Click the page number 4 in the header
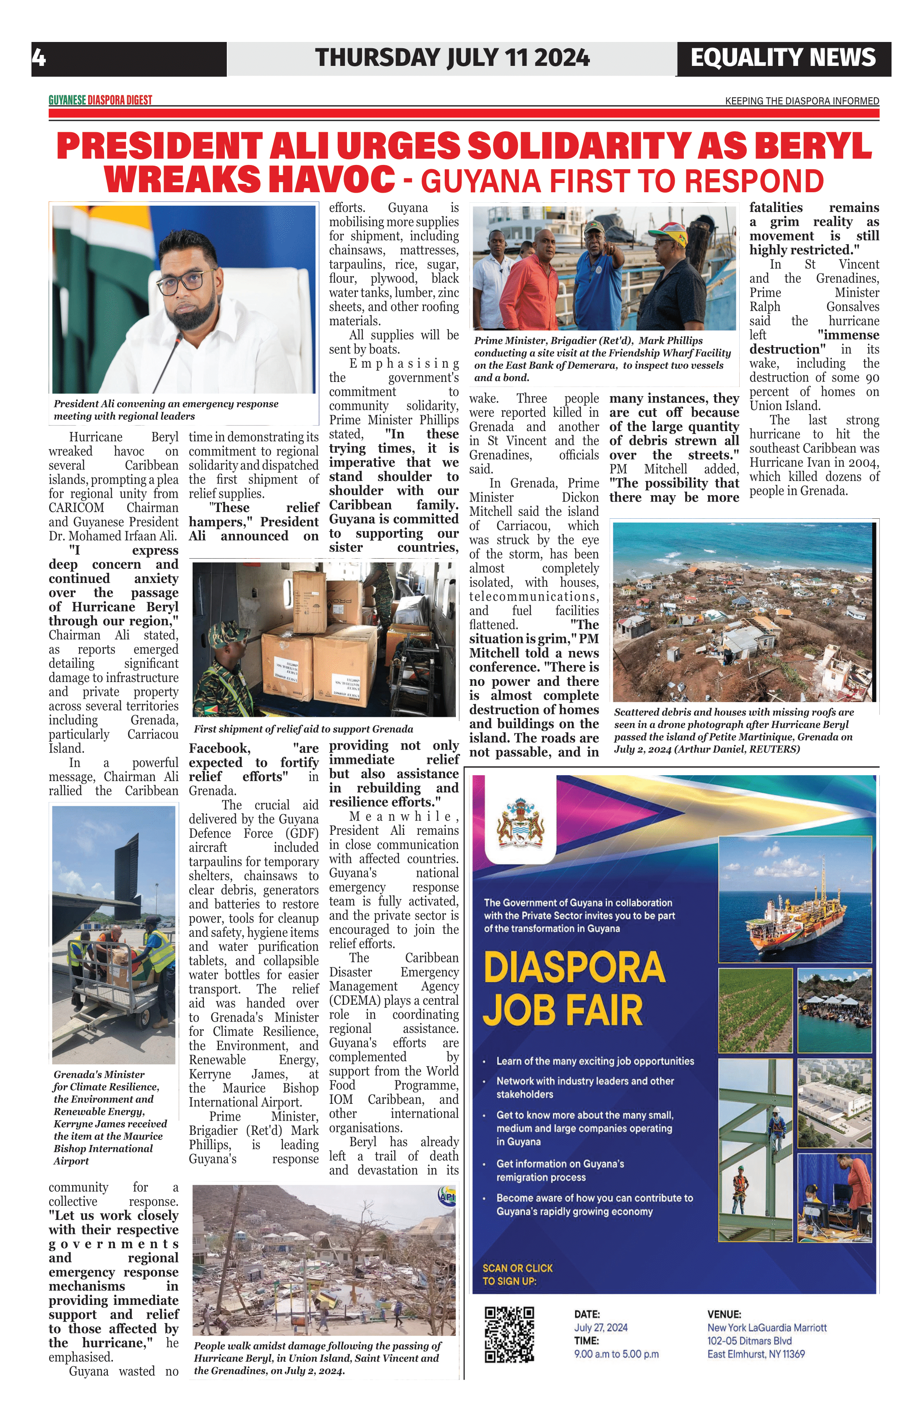click(38, 58)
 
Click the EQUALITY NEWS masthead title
click(783, 58)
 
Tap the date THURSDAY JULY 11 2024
click(453, 58)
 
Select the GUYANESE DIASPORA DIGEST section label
click(100, 100)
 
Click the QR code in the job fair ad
click(509, 1335)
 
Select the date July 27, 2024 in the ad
click(600, 1328)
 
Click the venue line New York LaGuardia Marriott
click(767, 1328)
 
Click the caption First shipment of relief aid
click(303, 729)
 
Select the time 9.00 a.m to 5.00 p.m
click(616, 1354)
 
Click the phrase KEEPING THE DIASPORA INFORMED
click(802, 101)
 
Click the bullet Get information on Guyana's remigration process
click(560, 1170)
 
